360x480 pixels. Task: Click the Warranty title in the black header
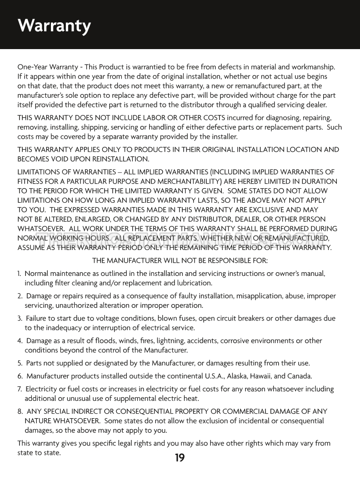click(x=54, y=26)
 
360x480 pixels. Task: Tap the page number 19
click(x=180, y=458)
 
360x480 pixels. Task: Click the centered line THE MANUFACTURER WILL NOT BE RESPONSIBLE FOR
click(x=180, y=261)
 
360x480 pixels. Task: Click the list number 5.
click(x=20, y=363)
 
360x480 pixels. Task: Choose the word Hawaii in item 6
click(x=258, y=376)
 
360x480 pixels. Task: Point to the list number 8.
click(x=20, y=412)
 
